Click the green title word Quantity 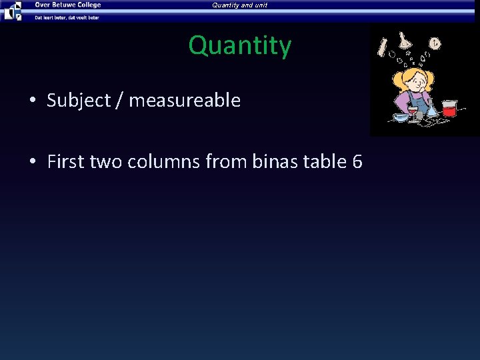click(x=240, y=46)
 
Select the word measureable click(x=184, y=101)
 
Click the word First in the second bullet click(x=63, y=162)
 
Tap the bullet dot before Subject click(x=32, y=101)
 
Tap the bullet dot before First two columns click(x=32, y=163)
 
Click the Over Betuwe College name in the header click(x=68, y=5)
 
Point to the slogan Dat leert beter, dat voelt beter click(x=67, y=17)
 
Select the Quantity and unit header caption click(x=240, y=5)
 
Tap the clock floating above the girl click(x=435, y=44)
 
